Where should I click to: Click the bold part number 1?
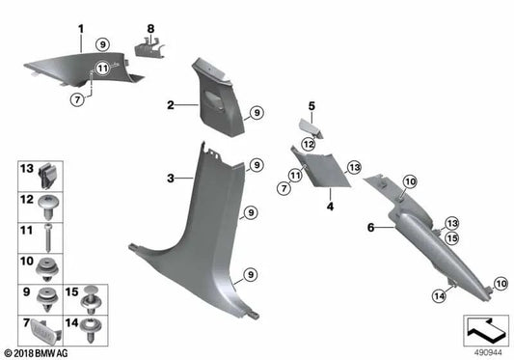80,28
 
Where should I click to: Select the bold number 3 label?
171,179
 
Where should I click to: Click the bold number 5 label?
312,104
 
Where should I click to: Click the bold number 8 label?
149,28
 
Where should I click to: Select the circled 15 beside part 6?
451,237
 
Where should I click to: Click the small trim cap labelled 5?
311,122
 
